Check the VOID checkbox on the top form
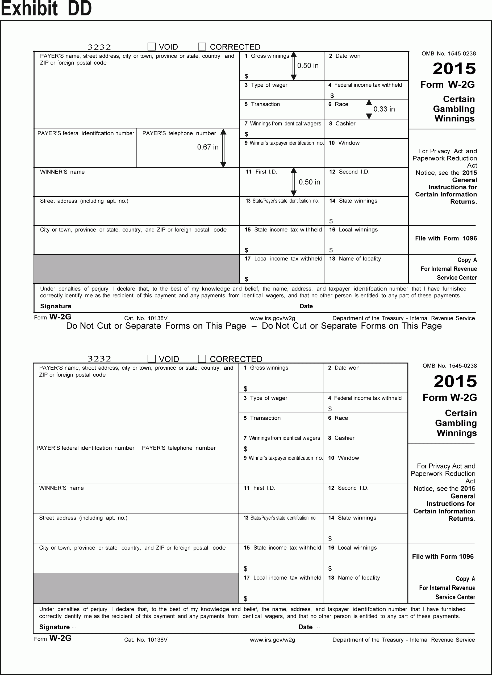(152, 47)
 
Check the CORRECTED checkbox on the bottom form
(202, 359)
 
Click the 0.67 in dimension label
(208, 147)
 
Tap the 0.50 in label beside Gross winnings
(308, 65)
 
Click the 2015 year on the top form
(454, 69)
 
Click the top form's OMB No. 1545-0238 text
(449, 54)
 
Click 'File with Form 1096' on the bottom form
(443, 556)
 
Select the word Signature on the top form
(56, 306)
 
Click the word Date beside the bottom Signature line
(305, 627)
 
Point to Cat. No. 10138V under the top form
(146, 318)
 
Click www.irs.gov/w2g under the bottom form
(272, 640)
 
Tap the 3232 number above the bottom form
(99, 359)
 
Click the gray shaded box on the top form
(136, 269)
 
